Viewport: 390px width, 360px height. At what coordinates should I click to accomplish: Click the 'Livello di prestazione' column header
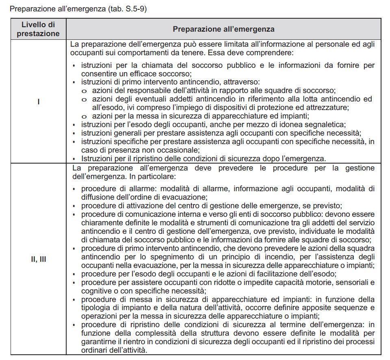[38, 29]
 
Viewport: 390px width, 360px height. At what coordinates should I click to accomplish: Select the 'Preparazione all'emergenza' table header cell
[223, 29]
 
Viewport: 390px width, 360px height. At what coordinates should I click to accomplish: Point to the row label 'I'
[38, 101]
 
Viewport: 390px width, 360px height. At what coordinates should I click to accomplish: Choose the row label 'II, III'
[38, 259]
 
